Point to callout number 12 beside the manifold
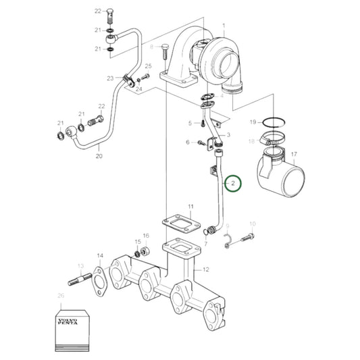click(206, 269)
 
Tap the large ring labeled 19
click(276, 123)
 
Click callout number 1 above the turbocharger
click(224, 24)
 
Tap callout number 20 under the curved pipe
click(99, 156)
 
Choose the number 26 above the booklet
click(61, 295)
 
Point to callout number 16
click(145, 235)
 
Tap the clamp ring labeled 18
click(273, 140)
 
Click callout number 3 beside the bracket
click(228, 135)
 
